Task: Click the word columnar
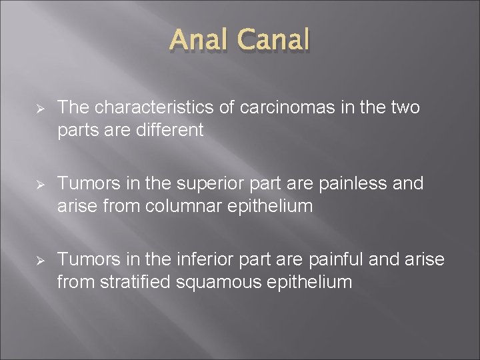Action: click(x=177, y=206)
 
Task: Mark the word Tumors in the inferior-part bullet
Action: click(x=83, y=260)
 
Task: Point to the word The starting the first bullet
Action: click(x=73, y=108)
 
